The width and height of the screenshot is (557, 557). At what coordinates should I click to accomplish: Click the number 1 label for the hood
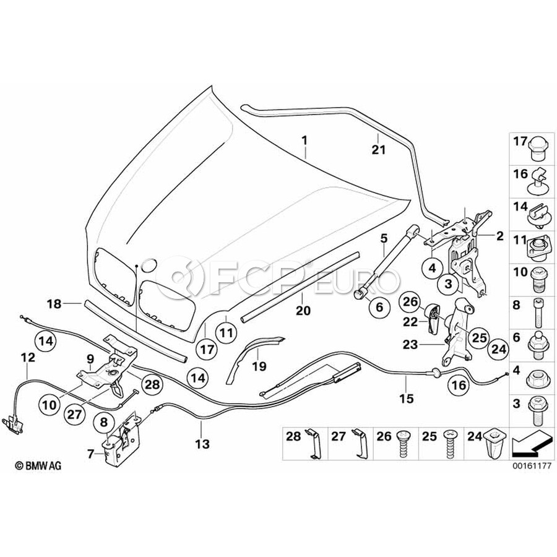point(304,141)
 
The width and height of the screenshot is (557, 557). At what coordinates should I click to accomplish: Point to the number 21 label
point(378,149)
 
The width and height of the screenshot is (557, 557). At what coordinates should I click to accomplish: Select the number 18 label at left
point(55,304)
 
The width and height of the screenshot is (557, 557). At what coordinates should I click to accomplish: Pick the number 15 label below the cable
point(406,399)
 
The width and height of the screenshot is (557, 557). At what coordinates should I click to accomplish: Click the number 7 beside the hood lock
point(92,454)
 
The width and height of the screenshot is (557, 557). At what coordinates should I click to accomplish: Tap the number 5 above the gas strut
point(384,238)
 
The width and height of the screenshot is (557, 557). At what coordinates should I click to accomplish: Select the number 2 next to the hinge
point(499,236)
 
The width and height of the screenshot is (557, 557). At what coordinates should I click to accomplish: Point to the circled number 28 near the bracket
point(152,385)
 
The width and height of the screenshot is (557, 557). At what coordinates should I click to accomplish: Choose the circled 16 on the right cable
point(458,386)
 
